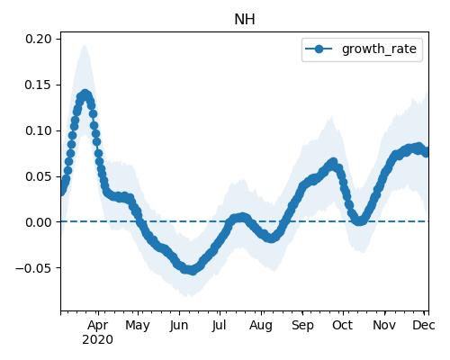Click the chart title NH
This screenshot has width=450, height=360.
point(245,20)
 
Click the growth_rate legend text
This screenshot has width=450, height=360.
point(379,49)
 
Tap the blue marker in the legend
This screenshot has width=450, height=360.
point(319,49)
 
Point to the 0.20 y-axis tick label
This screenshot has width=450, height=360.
point(38,39)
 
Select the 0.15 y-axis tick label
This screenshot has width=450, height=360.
point(38,85)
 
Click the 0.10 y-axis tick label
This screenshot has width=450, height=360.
point(38,130)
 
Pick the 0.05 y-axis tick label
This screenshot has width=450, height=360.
point(38,176)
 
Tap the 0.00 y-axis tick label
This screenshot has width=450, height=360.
point(38,222)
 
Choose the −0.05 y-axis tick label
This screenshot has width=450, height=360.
point(33,268)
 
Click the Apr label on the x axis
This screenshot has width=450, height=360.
point(98,325)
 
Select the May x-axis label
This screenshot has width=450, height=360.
point(138,325)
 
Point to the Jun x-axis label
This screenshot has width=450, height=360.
point(179,325)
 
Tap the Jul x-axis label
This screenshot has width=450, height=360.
point(219,325)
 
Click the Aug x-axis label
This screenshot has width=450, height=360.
point(261,325)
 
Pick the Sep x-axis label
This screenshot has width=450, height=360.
point(302,325)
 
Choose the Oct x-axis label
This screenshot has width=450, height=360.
point(342,325)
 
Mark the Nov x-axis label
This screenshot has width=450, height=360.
point(384,325)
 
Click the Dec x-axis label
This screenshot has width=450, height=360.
point(424,325)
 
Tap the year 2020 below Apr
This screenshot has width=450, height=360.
point(98,340)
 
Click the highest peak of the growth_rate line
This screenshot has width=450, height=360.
point(85,94)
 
